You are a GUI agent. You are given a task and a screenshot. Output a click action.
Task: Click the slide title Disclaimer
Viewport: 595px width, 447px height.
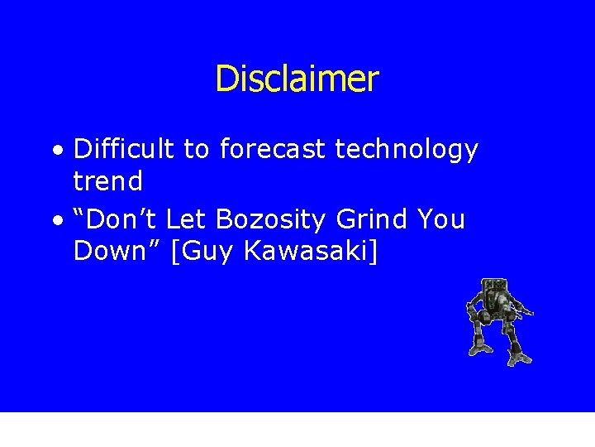(297, 79)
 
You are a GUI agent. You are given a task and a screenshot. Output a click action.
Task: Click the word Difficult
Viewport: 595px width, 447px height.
(124, 149)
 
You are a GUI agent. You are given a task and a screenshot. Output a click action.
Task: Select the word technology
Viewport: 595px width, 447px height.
(407, 150)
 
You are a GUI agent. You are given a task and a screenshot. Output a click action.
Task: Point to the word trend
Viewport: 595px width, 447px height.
(107, 180)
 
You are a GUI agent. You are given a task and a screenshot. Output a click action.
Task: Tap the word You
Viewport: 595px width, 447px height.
(441, 219)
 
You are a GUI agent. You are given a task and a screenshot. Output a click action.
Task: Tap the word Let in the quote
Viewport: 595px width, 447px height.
(187, 219)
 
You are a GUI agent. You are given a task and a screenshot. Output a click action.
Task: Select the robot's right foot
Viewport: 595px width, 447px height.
(520, 358)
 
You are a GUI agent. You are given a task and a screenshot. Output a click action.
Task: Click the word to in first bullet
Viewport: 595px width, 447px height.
(196, 150)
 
